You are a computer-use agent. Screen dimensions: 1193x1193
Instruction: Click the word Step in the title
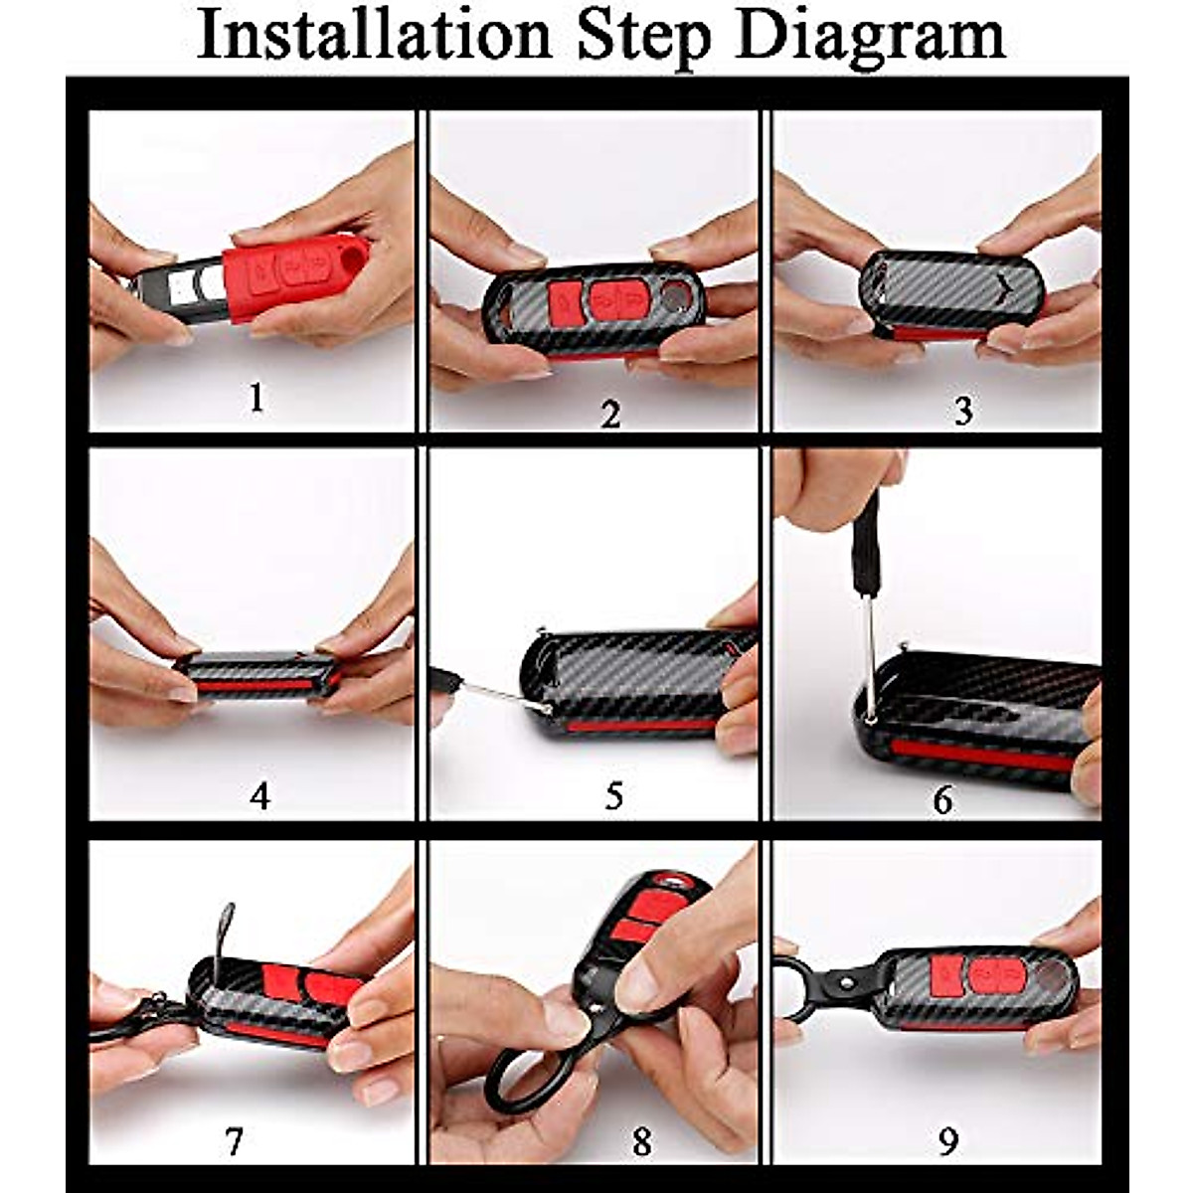(646, 39)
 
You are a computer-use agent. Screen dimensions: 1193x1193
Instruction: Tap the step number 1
(257, 398)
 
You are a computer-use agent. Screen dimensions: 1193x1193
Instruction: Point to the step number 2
(610, 415)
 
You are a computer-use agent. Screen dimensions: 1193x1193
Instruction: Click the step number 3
(962, 411)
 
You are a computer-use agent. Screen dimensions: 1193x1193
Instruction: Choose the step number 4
(260, 795)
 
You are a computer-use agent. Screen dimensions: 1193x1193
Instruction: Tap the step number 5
(613, 795)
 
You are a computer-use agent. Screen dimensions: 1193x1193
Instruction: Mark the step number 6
(942, 800)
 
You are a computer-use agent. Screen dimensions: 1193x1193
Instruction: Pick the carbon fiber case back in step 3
(952, 288)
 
